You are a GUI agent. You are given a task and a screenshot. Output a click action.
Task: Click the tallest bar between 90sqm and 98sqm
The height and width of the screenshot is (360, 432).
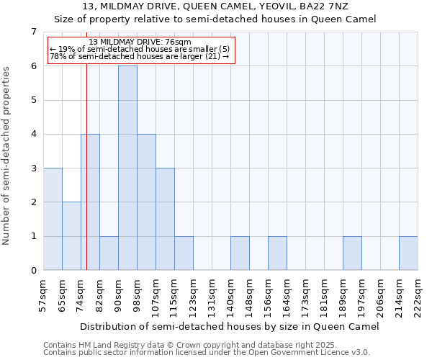tap(127, 168)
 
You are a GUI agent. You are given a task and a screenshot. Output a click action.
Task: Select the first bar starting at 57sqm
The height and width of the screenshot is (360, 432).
tap(53, 219)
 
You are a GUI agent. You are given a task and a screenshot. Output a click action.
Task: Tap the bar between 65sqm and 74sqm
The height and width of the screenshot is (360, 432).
tap(71, 236)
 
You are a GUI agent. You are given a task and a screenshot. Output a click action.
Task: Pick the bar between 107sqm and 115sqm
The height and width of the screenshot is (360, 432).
tap(165, 219)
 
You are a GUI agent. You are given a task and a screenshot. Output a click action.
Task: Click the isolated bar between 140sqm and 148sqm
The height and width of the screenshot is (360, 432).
tap(240, 253)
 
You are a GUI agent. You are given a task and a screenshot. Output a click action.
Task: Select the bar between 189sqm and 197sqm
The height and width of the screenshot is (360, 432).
tap(352, 253)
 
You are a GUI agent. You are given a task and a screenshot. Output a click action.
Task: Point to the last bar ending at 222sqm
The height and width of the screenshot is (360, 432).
tap(408, 253)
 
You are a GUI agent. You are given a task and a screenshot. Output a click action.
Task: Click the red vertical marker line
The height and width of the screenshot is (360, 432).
tap(86, 180)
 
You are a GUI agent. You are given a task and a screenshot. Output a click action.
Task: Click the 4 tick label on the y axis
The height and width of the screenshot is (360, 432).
tap(33, 134)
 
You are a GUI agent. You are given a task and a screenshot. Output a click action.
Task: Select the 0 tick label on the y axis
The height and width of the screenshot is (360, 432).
tap(33, 271)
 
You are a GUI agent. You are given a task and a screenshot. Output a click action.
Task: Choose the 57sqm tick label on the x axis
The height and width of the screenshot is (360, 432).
tap(43, 295)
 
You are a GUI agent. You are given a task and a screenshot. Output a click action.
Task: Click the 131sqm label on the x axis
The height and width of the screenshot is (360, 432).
tap(212, 295)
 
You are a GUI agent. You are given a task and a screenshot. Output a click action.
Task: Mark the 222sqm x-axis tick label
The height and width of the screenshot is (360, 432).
tap(418, 295)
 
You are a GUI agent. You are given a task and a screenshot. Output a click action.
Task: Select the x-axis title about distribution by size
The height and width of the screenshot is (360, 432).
tap(229, 326)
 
